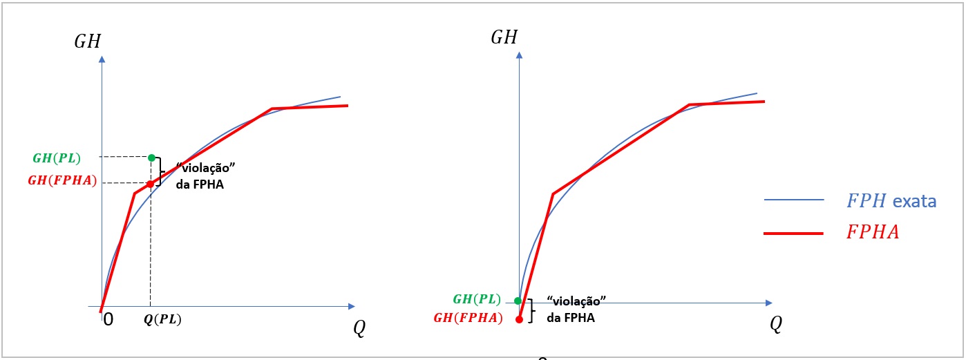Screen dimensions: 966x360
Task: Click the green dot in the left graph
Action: point(151,158)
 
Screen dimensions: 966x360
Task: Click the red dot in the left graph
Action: point(150,184)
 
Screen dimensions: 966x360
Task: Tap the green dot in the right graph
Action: point(518,301)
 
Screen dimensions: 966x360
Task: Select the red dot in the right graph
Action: point(519,319)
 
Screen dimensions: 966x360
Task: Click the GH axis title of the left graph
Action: point(88,41)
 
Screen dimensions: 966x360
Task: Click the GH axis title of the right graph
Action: point(504,37)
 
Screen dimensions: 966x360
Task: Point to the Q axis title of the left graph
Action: point(359,328)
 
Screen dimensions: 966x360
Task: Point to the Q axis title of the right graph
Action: point(776,324)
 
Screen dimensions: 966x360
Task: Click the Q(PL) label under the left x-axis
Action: point(162,319)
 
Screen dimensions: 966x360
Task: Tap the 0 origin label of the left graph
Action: point(108,319)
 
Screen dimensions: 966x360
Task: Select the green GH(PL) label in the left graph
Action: point(57,158)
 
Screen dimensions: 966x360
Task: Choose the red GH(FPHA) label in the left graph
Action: point(62,180)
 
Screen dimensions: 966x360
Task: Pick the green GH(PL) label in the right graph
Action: point(477,299)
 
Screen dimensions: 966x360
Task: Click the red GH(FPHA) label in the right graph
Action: point(468,318)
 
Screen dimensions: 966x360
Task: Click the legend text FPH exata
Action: point(891,201)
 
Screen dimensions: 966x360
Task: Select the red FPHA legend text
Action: point(873,232)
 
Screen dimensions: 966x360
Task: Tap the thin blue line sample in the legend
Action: point(794,200)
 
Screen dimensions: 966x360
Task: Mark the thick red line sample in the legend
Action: point(793,234)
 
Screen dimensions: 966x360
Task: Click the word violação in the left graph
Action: point(206,167)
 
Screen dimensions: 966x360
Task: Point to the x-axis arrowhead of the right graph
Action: point(769,303)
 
